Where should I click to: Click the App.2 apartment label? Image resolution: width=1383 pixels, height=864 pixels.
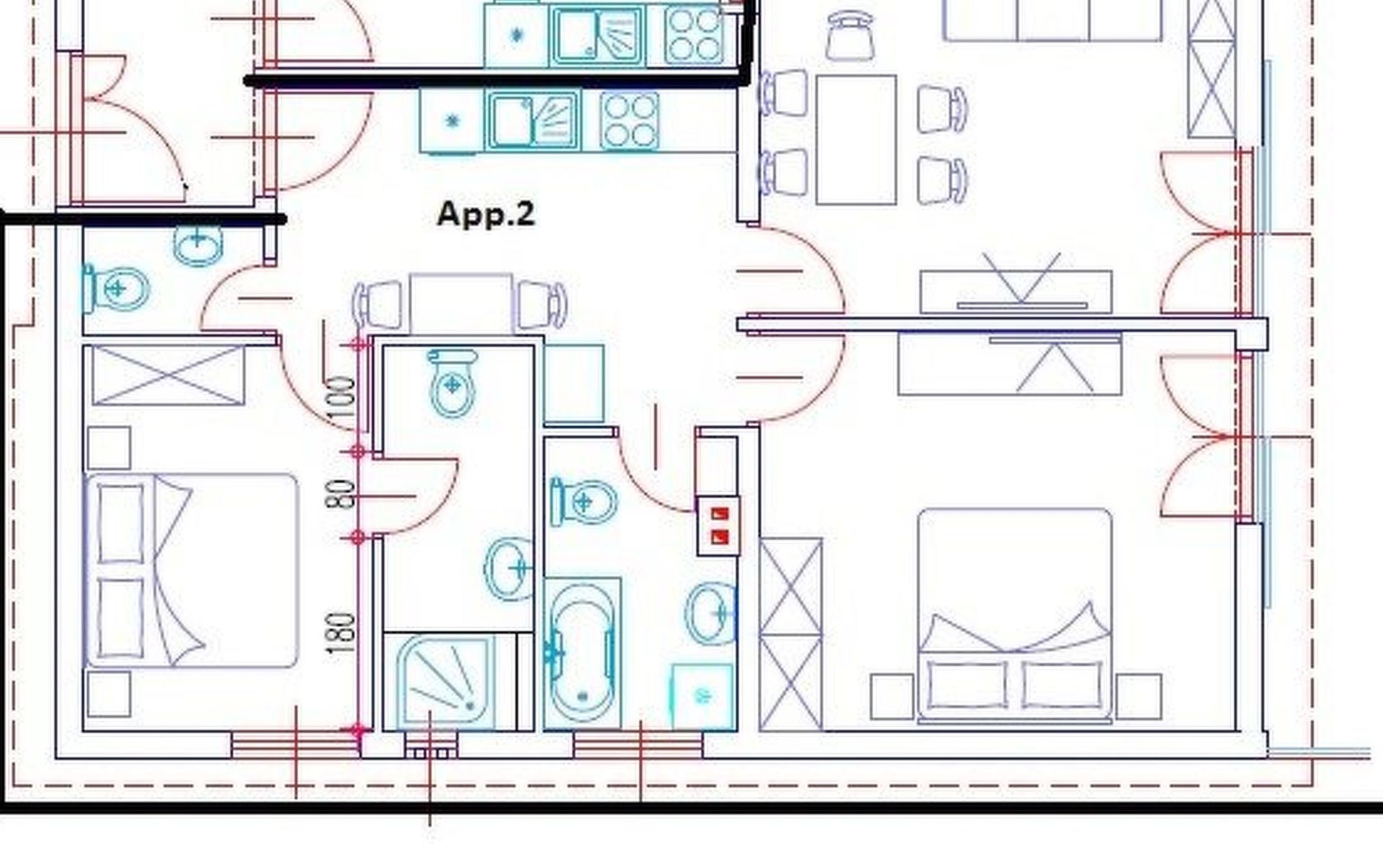486,215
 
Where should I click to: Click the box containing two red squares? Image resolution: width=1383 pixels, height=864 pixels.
719,526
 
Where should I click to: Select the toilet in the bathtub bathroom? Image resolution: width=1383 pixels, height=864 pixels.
583,501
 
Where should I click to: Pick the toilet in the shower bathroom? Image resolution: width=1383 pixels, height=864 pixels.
452,383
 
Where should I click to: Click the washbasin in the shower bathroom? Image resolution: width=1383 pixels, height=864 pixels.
509,569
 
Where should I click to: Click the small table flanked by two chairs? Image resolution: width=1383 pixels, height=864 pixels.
461,303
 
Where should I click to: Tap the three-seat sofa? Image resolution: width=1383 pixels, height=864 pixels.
1052,20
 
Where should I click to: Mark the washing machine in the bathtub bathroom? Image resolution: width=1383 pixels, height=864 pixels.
703,696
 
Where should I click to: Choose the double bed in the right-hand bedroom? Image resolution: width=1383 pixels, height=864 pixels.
1015,616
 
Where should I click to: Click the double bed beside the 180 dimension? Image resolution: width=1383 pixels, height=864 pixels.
191,570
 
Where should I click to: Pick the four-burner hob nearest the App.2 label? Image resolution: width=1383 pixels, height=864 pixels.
629,120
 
